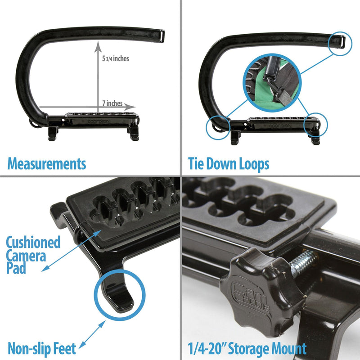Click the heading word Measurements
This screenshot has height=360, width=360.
pyautogui.click(x=47, y=164)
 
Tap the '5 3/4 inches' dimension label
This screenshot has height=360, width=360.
pyautogui.click(x=116, y=58)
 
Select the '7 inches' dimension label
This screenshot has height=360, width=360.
pyautogui.click(x=112, y=103)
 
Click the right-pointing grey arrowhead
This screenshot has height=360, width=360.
pyautogui.click(x=130, y=107)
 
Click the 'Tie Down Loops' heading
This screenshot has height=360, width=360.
pyautogui.click(x=229, y=164)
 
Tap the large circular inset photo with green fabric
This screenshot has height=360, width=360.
pyautogui.click(x=272, y=83)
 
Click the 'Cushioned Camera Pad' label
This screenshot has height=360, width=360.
pyautogui.click(x=33, y=255)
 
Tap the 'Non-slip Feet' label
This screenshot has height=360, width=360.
pyautogui.click(x=42, y=348)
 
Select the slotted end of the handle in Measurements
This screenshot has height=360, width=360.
pyautogui.click(x=162, y=36)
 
